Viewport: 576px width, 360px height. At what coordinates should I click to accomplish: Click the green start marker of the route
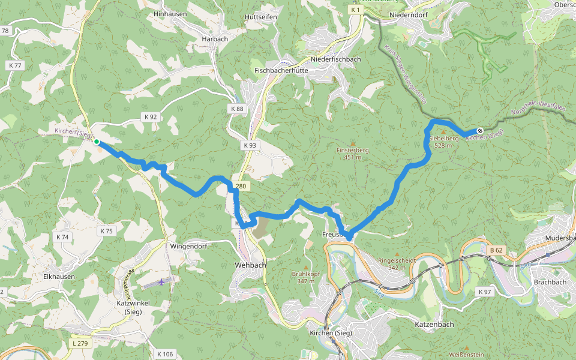96,142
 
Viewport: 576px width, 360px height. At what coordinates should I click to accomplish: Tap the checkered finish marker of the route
480,130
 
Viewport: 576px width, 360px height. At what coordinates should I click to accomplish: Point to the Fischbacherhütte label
281,70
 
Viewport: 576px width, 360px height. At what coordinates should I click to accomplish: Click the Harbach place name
215,39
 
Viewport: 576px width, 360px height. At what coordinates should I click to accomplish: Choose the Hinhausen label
170,14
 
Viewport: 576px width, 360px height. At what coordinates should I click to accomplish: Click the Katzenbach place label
434,324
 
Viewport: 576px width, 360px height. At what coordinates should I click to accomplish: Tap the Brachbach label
550,282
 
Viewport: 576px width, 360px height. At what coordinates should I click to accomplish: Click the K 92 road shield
150,116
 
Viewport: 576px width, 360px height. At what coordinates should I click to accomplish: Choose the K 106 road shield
164,354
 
